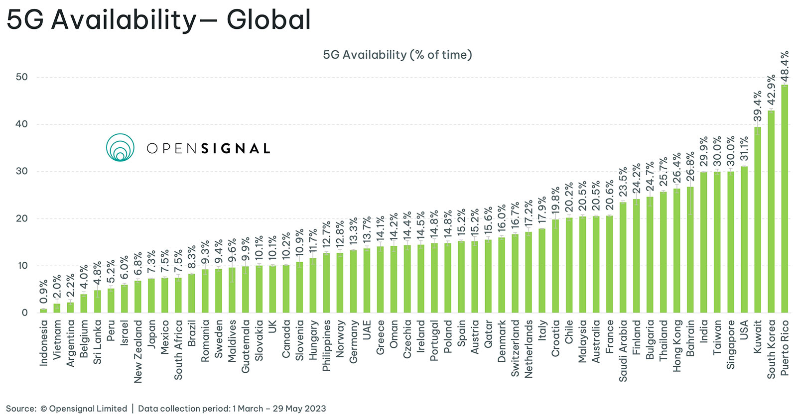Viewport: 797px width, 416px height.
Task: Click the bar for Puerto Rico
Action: point(785,199)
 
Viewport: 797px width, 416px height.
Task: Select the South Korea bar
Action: point(771,211)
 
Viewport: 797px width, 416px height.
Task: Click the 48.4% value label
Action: point(785,66)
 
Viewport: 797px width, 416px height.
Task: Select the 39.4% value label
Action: point(757,106)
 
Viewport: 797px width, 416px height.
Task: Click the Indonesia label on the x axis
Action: point(44,343)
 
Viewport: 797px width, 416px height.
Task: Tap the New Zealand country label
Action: point(138,351)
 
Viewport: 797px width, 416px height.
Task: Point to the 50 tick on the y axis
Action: point(21,77)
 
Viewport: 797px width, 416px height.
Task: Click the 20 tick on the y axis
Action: point(21,218)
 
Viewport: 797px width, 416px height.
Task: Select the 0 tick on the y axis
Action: point(24,312)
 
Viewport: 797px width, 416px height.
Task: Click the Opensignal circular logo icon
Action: point(120,147)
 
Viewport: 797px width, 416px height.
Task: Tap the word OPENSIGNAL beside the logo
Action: point(208,148)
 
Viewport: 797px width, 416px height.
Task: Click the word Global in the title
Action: point(268,20)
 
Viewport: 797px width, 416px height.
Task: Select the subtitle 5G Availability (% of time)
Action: point(398,55)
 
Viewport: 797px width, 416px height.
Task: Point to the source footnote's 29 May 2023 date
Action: point(299,409)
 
